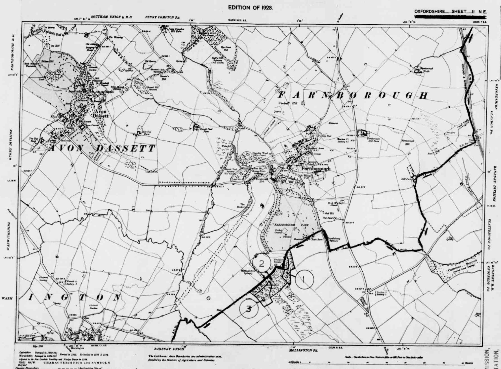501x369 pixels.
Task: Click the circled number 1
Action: [304, 279]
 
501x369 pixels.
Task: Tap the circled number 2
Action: [262, 264]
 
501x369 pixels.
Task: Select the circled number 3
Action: [249, 309]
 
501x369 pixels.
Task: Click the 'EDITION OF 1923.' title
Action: [251, 8]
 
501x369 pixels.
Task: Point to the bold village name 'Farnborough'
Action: [316, 169]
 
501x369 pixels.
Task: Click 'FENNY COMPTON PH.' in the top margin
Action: [162, 17]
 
